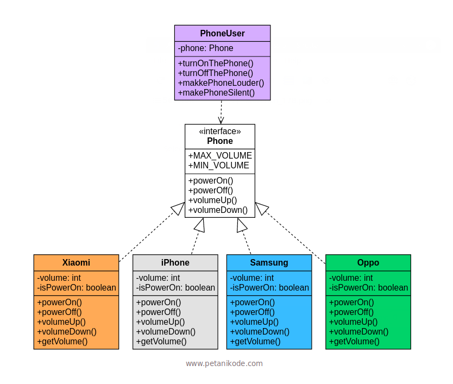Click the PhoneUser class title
[222, 34]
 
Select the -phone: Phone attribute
[206, 48]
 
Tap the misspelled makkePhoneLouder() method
[221, 83]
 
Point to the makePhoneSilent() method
[216, 92]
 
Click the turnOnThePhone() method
[216, 63]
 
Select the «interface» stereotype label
[220, 131]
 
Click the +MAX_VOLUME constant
[220, 155]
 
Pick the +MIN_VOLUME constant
[218, 165]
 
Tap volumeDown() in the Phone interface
[218, 210]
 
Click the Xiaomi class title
[76, 262]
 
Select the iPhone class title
[175, 262]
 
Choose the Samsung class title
[269, 262]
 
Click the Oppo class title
[368, 262]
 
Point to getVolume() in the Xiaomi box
[62, 341]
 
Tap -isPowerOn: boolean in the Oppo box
[368, 287]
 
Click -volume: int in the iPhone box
[158, 278]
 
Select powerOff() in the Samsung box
[253, 312]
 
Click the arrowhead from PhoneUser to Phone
[221, 120]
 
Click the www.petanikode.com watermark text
[224, 363]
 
